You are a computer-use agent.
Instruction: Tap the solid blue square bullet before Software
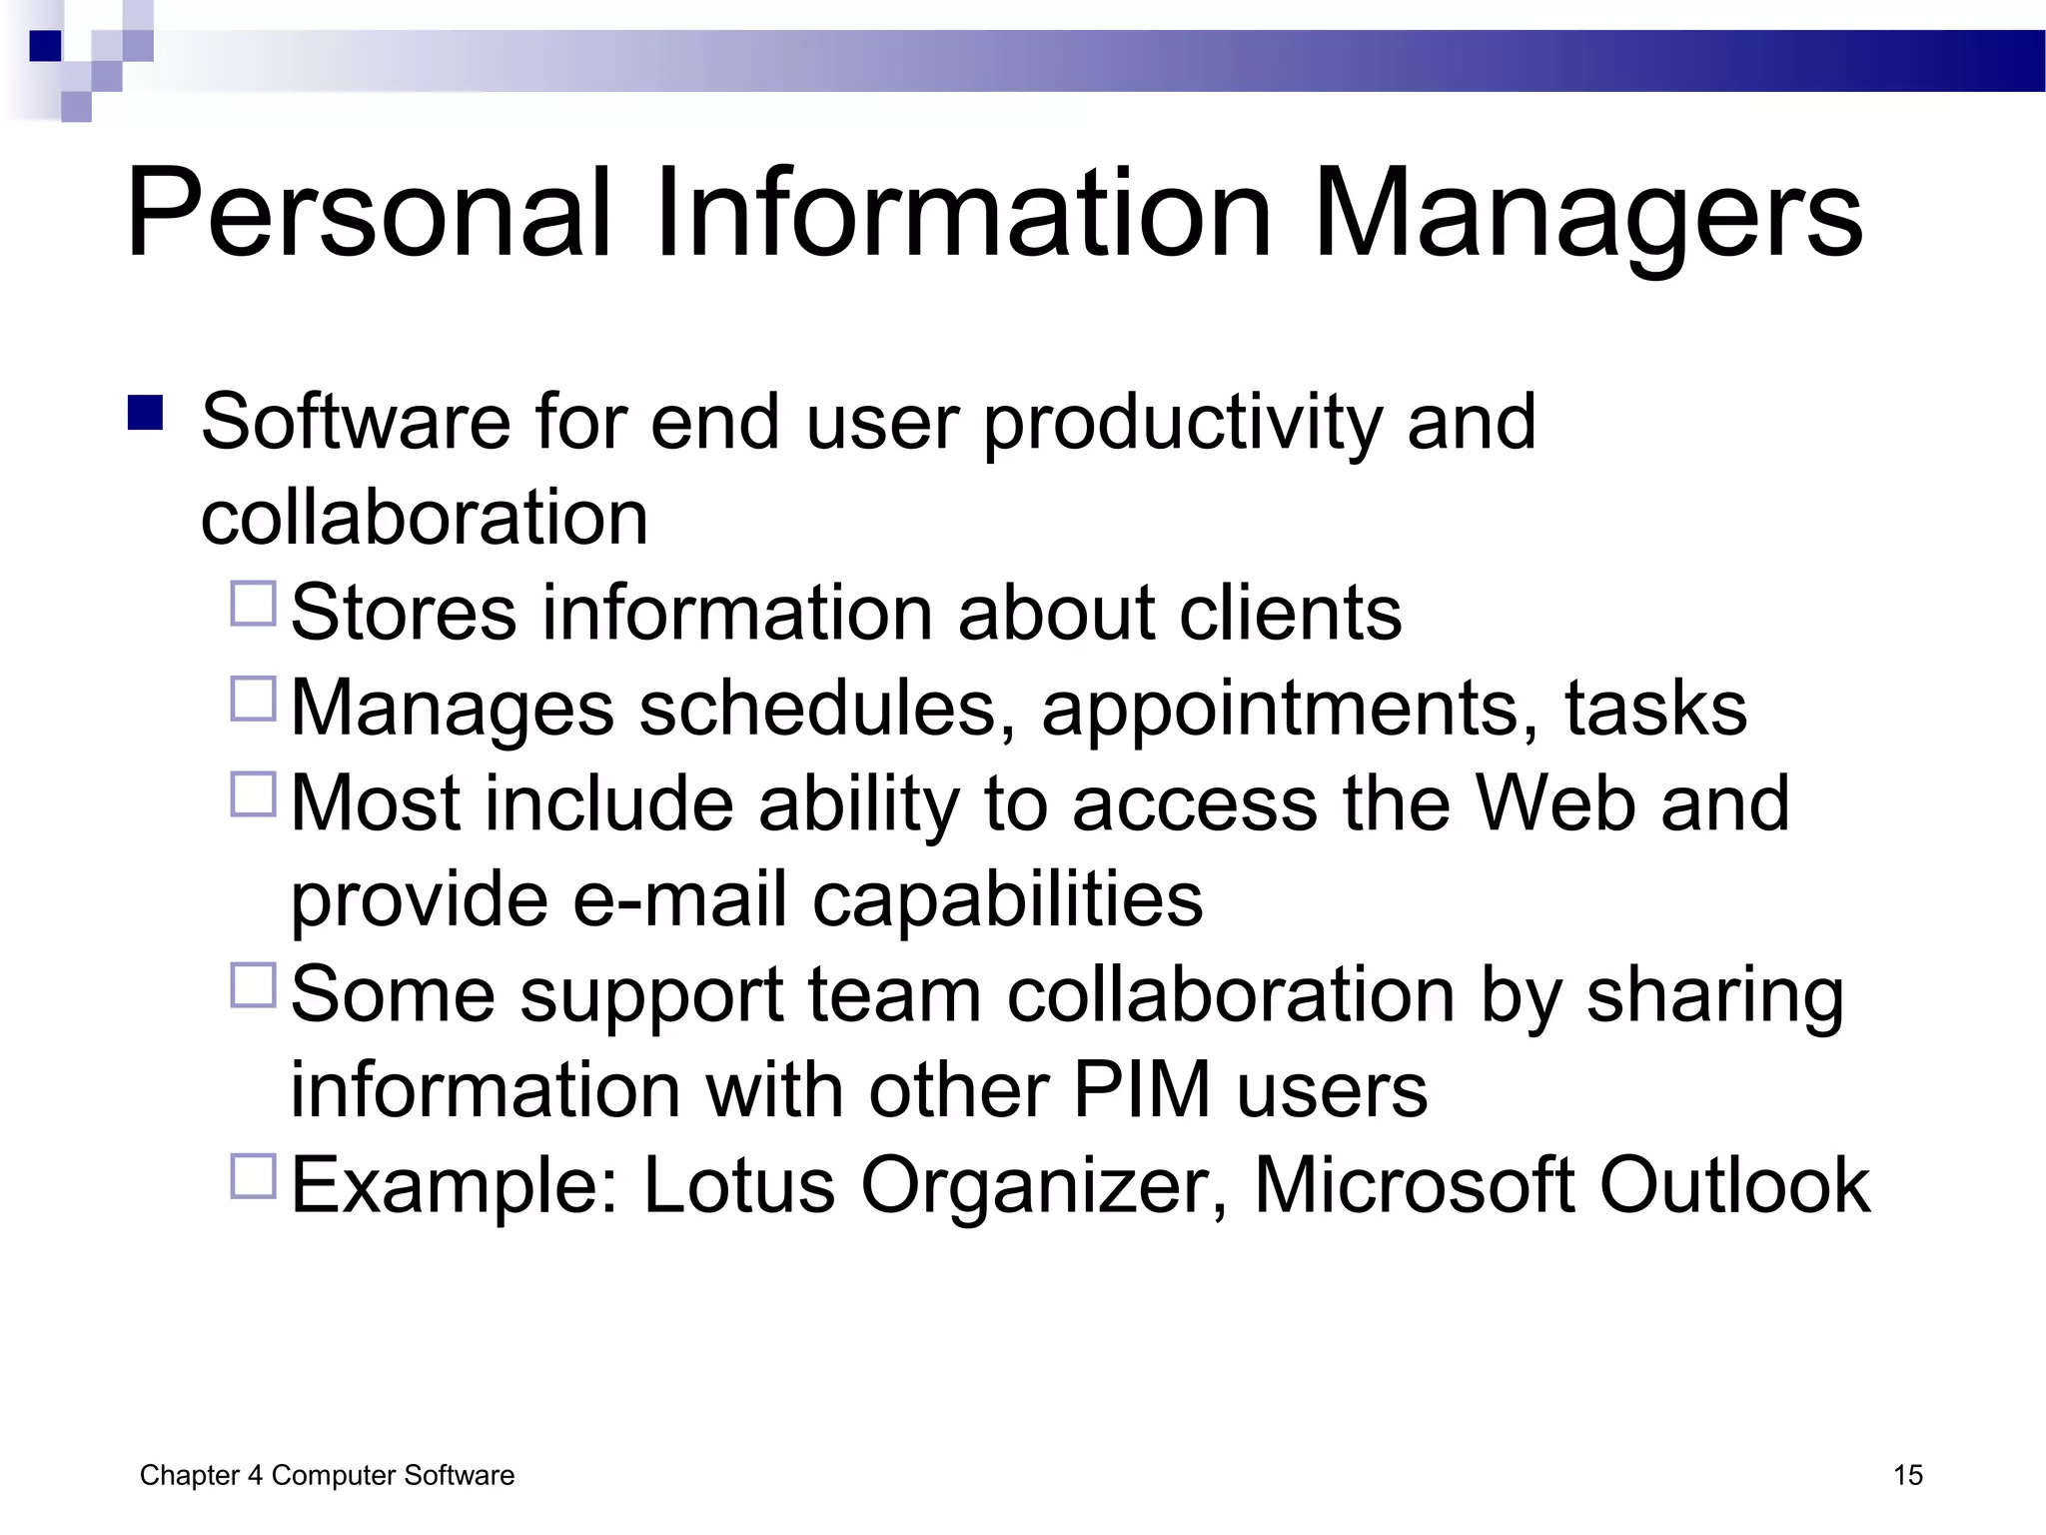(146, 413)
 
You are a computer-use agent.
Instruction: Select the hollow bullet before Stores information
(253, 604)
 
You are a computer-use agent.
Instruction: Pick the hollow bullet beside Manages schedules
(253, 699)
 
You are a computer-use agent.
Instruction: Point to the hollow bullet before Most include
(253, 794)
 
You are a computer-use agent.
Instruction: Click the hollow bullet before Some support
(253, 985)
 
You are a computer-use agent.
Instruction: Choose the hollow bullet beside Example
(253, 1176)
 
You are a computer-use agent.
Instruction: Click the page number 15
(1907, 1475)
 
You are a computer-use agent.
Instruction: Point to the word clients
(1290, 613)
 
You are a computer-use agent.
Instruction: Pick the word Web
(1554, 802)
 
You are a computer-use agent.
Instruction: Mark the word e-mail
(679, 898)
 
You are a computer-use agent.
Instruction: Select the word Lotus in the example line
(738, 1185)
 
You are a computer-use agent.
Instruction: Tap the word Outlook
(1734, 1185)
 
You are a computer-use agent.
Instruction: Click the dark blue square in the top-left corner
(46, 46)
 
